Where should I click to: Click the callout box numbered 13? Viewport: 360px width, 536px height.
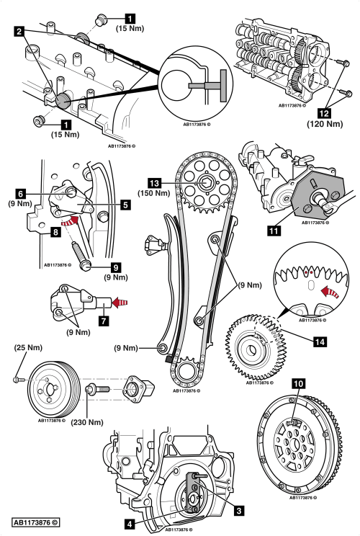(154, 183)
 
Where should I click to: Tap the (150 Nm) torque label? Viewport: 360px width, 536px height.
(153, 193)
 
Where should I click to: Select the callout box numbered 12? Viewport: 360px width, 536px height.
(324, 112)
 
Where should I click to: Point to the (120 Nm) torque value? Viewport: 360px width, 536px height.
(325, 123)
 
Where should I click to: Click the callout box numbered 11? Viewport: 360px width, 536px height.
(274, 231)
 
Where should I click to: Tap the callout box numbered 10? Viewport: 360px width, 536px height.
(299, 383)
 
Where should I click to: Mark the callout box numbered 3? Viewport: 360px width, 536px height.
(239, 510)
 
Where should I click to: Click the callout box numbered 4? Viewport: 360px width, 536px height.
(128, 524)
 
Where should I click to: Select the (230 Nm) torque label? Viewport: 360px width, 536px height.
(87, 422)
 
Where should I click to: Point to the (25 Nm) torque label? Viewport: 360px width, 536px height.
(28, 348)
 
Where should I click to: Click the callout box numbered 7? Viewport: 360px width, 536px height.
(104, 321)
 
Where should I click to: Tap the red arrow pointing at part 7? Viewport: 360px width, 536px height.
(120, 302)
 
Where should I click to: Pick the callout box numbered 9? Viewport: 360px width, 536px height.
(116, 267)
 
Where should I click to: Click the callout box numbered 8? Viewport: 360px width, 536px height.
(55, 233)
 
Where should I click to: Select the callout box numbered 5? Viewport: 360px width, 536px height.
(126, 205)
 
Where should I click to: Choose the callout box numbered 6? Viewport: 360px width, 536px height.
(21, 194)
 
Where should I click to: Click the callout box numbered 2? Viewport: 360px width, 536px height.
(19, 32)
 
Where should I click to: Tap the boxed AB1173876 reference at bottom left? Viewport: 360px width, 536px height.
(36, 522)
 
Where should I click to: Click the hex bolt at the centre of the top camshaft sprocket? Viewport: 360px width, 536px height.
(205, 183)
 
